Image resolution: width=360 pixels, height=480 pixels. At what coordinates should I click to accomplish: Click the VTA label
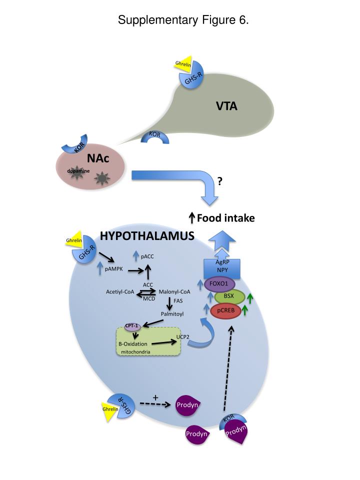tap(226, 106)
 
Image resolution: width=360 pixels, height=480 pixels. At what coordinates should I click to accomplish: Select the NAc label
tap(98, 158)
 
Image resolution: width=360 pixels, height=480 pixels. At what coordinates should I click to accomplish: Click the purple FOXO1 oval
tap(222, 284)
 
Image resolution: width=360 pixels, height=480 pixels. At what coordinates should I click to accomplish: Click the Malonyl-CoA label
tap(174, 291)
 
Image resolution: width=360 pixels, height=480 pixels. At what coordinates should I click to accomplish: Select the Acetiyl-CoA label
tap(120, 291)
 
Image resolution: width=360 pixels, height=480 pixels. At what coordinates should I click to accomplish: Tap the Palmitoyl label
tap(172, 314)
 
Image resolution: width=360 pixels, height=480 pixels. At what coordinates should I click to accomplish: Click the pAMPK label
tap(114, 269)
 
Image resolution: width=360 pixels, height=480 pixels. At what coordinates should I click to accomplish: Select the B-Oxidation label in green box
tap(132, 344)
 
